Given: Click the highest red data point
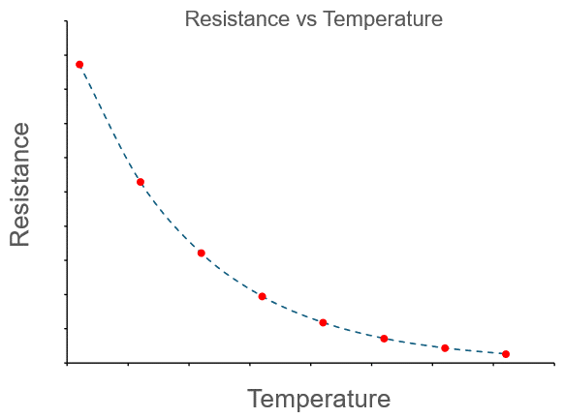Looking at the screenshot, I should (x=79, y=65).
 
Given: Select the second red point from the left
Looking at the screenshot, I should (x=141, y=182).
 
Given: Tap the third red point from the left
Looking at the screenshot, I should (x=202, y=253).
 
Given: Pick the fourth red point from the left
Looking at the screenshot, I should (x=262, y=296).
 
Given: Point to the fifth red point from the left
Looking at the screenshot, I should (x=323, y=322).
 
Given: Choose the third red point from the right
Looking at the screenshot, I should (x=384, y=339).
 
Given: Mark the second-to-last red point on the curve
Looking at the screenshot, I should (x=445, y=348).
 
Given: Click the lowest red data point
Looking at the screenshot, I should (x=506, y=354).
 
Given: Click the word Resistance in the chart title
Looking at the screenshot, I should (x=229, y=19).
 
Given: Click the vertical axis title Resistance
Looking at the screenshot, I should (x=20, y=184).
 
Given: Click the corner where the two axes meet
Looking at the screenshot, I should (x=67, y=363).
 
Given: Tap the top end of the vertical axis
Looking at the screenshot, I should (x=67, y=21).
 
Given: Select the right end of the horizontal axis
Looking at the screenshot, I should (x=553, y=363).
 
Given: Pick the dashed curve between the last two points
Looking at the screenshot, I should (x=475, y=351).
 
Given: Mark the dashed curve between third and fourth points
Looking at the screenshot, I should (x=231, y=276).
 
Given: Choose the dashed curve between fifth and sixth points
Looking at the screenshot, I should (x=353, y=331).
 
